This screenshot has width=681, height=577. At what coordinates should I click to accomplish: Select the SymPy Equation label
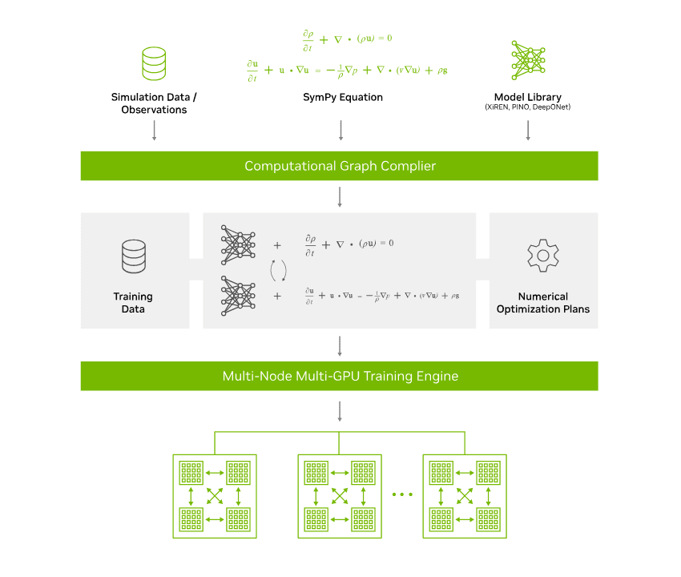(342, 97)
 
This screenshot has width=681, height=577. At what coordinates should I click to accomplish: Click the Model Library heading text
(527, 97)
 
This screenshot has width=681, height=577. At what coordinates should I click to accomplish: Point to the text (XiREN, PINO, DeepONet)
(527, 107)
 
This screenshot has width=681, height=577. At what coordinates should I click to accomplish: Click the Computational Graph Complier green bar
(340, 166)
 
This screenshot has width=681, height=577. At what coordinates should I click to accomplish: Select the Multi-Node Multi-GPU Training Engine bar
(340, 375)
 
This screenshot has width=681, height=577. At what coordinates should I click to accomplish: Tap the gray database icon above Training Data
(133, 256)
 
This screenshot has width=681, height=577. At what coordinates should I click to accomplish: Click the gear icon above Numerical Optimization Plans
(542, 254)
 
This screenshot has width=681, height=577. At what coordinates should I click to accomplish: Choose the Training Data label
(133, 302)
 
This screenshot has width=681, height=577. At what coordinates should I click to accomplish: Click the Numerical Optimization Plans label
(542, 302)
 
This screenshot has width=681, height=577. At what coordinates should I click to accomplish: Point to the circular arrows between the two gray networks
(278, 271)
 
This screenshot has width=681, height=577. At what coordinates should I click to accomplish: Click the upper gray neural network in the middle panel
(238, 244)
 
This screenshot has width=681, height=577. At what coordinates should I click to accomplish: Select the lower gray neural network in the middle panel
(238, 295)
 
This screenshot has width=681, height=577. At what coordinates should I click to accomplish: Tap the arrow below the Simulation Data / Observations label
(154, 131)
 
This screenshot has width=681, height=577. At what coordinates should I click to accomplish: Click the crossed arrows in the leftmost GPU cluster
(216, 496)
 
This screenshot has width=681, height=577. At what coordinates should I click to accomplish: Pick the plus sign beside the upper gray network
(278, 244)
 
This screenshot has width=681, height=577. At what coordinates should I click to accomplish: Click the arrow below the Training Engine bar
(340, 410)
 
